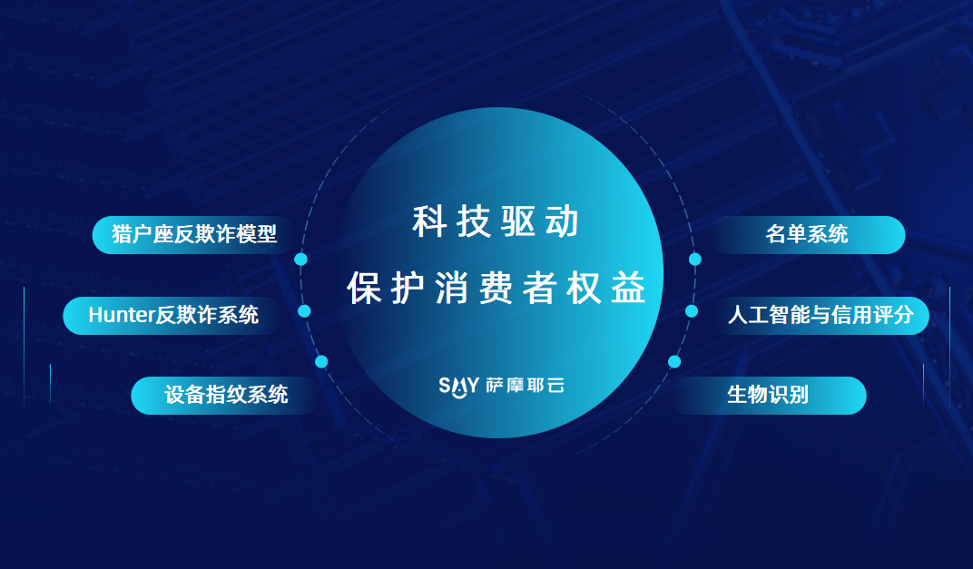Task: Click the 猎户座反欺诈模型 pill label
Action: [x=193, y=234]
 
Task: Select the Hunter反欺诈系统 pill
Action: [x=172, y=315]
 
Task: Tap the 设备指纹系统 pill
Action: [x=225, y=395]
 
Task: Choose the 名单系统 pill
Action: [x=807, y=234]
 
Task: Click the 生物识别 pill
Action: [x=768, y=395]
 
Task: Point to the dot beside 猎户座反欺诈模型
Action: [x=301, y=260]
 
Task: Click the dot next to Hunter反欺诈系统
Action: [x=304, y=311]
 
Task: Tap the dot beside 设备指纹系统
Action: [x=321, y=361]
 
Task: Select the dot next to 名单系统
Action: [x=695, y=260]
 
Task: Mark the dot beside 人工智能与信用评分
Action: [x=692, y=311]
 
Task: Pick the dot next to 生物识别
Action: [x=674, y=361]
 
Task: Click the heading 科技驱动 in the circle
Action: [x=496, y=222]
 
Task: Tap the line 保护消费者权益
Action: [x=496, y=288]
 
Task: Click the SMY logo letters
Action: [x=458, y=386]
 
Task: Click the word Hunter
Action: [x=120, y=315]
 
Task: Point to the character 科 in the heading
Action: [x=429, y=222]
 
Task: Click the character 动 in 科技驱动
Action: [x=563, y=222]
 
